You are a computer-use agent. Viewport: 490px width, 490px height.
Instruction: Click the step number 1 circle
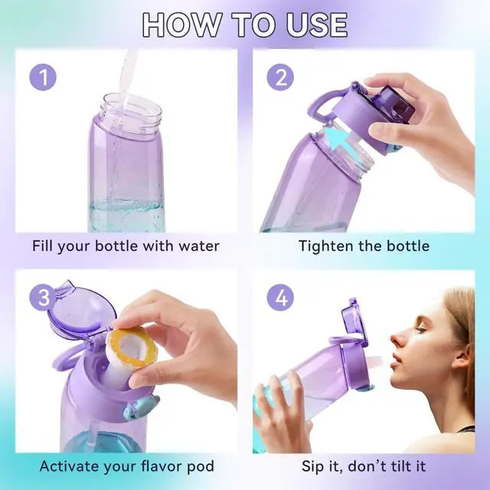[44, 78]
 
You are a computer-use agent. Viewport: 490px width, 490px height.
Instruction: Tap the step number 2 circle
[280, 78]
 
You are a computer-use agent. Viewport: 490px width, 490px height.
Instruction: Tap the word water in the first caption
[194, 246]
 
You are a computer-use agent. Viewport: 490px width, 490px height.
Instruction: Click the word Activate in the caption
[68, 466]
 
